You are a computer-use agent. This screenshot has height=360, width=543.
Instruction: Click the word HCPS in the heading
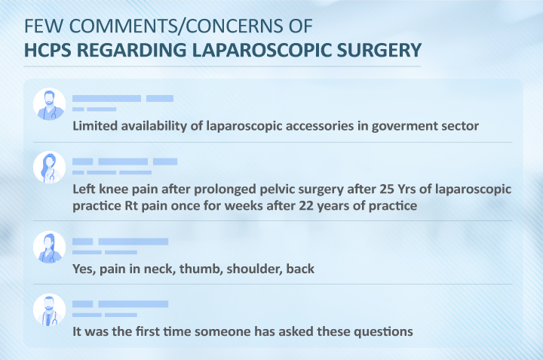click(x=48, y=50)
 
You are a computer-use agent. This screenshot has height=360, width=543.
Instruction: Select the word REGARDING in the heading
click(x=131, y=50)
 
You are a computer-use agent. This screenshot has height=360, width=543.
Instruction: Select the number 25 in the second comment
click(x=387, y=189)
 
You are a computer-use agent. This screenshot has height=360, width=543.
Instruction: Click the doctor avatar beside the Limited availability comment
click(x=49, y=104)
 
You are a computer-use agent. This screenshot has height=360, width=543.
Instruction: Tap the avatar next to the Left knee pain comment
click(x=49, y=168)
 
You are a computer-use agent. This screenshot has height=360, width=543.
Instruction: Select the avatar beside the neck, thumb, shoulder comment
click(x=49, y=247)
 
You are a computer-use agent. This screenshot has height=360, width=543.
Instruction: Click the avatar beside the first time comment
click(x=49, y=309)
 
